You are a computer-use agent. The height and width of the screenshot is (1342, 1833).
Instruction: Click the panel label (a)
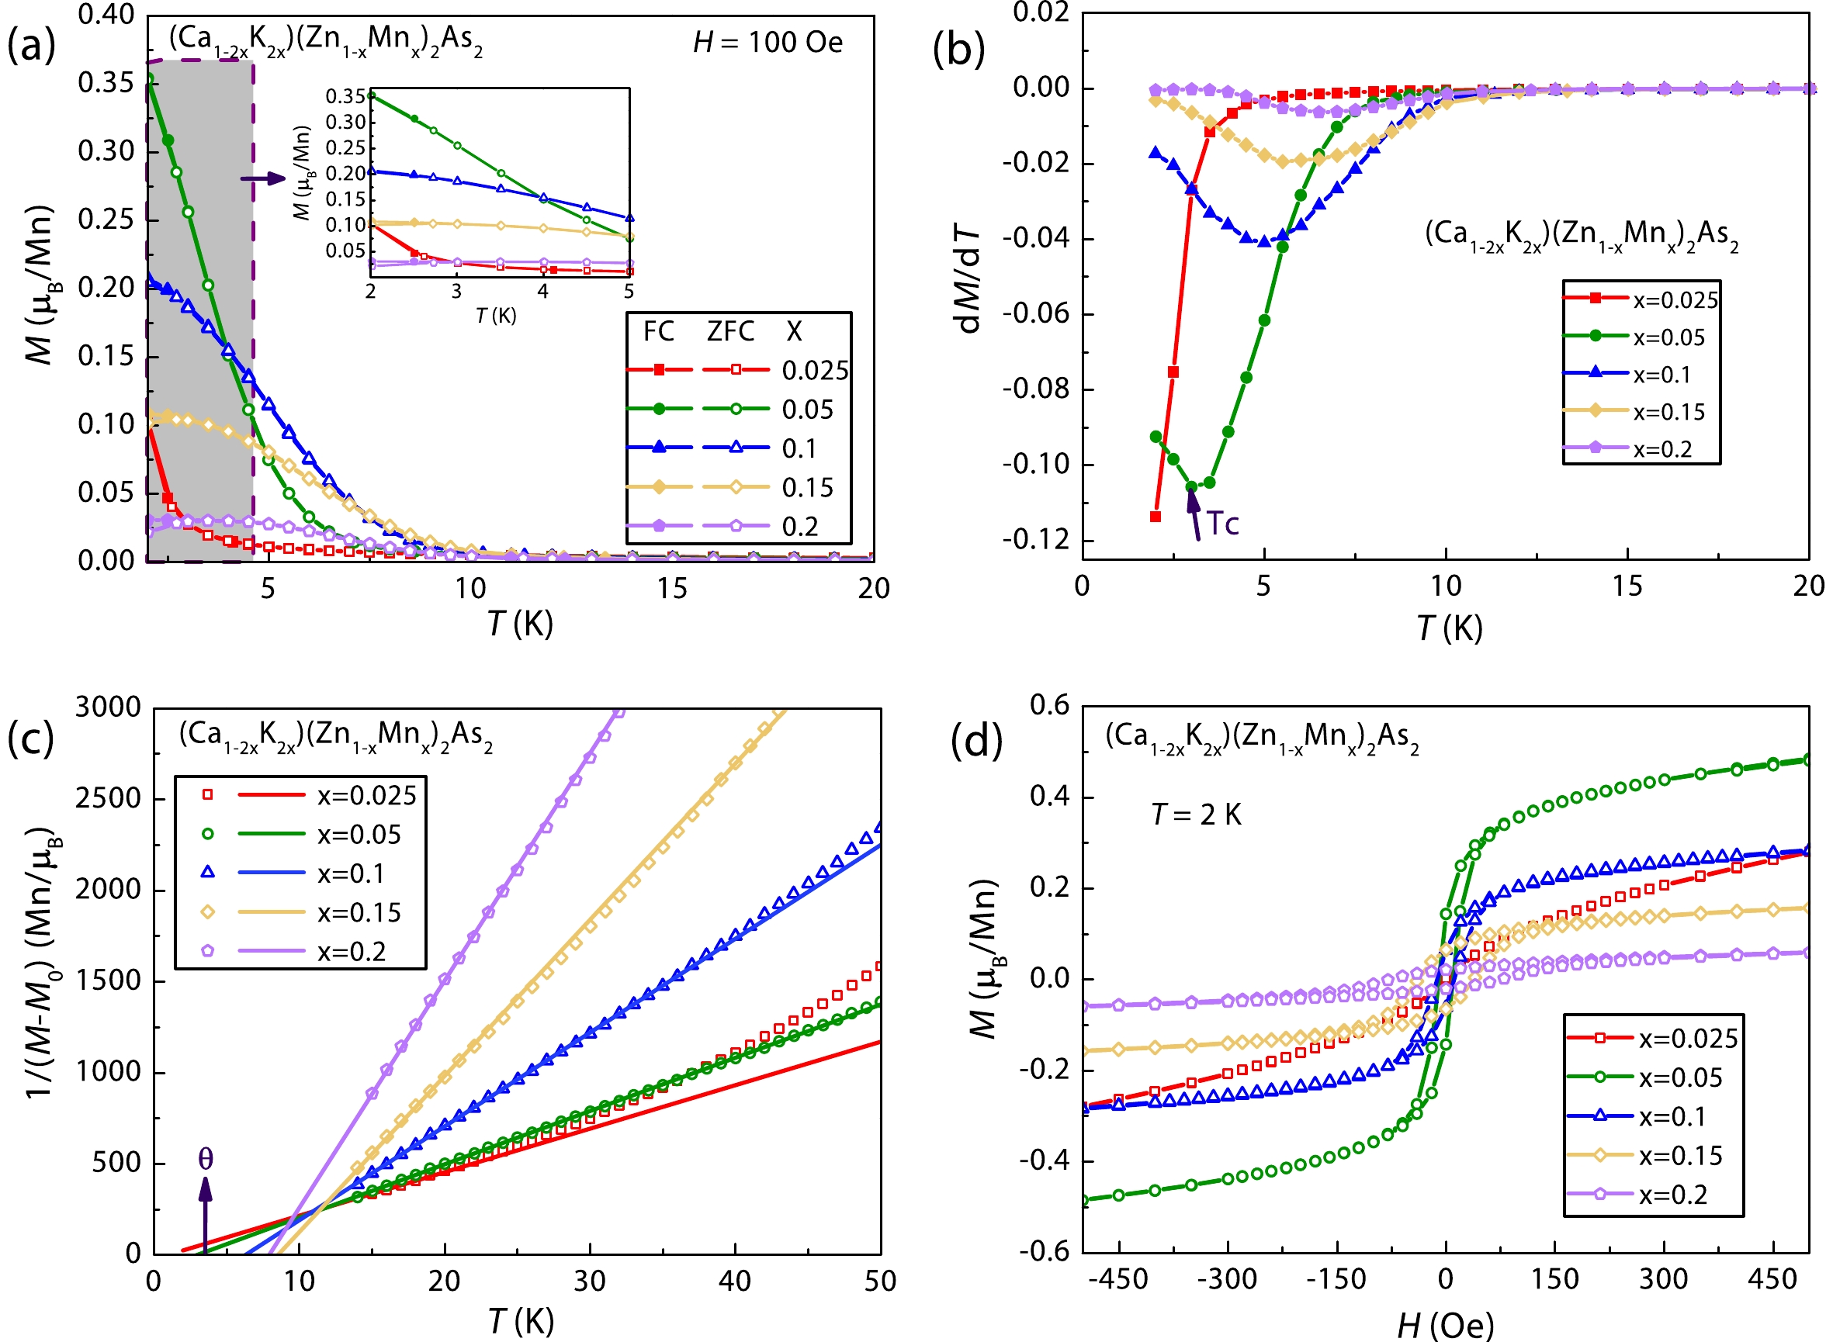31,47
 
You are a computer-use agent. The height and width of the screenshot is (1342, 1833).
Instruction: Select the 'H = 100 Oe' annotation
767,42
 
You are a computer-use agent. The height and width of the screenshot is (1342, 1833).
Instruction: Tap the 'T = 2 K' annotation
1196,814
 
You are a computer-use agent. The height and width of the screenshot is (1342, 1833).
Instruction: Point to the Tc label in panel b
1222,524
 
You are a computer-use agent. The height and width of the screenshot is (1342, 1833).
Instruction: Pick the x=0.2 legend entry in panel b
1641,449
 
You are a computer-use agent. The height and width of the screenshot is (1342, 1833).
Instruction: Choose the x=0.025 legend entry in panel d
1653,1038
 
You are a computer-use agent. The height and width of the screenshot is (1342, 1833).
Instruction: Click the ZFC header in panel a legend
729,331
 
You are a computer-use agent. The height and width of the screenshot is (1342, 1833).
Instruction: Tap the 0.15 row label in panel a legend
808,487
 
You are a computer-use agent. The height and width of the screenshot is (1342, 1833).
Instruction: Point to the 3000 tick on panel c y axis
108,707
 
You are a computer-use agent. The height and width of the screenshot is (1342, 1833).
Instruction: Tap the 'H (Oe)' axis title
1445,1326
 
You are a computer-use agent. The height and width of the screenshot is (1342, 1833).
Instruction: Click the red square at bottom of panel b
1156,517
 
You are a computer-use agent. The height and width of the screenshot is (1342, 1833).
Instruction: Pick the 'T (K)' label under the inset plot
496,315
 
